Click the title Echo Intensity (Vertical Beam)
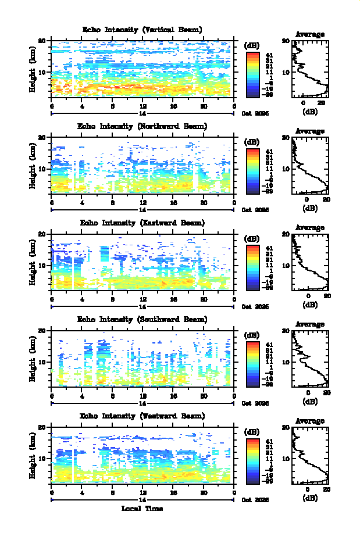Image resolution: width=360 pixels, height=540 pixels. tap(142, 30)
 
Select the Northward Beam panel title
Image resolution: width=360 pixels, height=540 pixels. tap(142, 126)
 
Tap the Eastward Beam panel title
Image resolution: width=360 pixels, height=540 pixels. tap(142, 223)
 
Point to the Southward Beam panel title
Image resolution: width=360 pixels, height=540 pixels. tap(142, 319)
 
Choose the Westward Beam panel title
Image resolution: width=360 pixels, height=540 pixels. tap(142, 416)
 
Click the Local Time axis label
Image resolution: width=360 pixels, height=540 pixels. tap(142, 509)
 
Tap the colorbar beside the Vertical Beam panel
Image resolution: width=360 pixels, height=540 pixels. tap(252, 73)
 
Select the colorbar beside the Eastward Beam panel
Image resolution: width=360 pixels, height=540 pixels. tap(252, 266)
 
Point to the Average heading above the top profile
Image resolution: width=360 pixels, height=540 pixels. tap(310, 34)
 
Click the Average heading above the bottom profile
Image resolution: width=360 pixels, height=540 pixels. tap(310, 420)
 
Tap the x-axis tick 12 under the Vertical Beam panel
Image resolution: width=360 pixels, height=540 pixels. tap(143, 106)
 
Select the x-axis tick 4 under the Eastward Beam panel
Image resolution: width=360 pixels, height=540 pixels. tap(82, 299)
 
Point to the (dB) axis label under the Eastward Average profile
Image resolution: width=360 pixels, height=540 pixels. tap(310, 305)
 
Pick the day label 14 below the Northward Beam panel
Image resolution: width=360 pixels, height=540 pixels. tap(143, 209)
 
